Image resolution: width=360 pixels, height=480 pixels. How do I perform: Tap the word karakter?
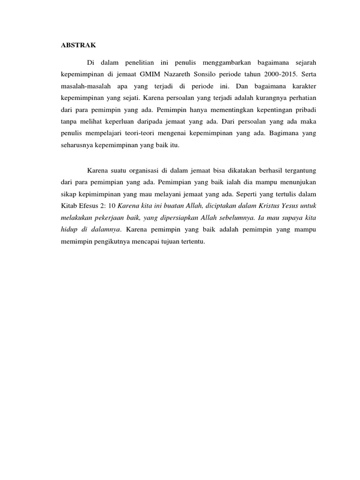(304, 87)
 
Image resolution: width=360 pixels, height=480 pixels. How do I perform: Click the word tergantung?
(298, 170)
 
